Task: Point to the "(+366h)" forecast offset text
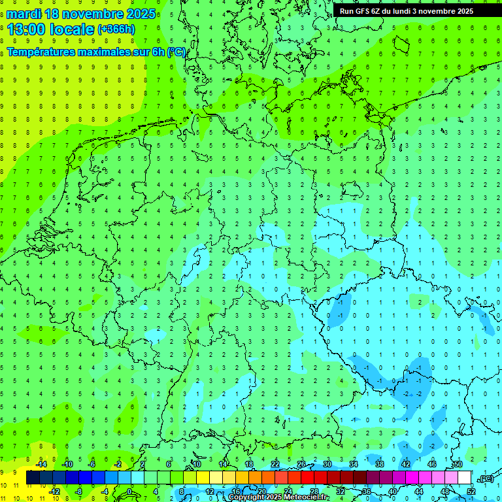click(116, 29)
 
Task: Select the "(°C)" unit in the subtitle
click(176, 52)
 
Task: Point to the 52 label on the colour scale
click(471, 492)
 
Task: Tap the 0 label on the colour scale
click(130, 492)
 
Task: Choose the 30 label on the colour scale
click(327, 464)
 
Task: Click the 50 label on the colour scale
click(458, 464)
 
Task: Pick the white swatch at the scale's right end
click(464, 478)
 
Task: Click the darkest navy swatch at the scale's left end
click(33, 478)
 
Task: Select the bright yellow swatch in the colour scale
click(203, 478)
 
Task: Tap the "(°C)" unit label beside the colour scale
click(485, 478)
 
